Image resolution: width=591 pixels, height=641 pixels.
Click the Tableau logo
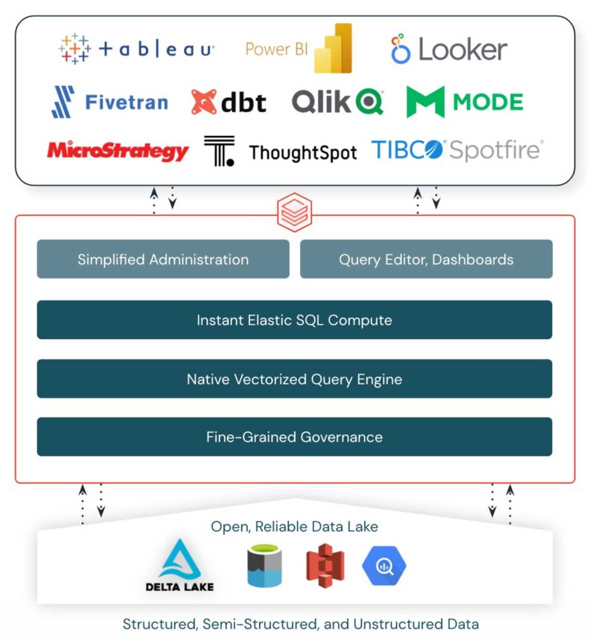[x=136, y=49]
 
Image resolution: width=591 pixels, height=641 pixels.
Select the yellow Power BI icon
[x=333, y=49]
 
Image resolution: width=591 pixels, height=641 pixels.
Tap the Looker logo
[x=448, y=49]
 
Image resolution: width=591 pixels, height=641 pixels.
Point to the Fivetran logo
[x=109, y=102]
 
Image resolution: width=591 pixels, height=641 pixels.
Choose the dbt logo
[x=229, y=102]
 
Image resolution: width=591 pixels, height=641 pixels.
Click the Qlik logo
[x=337, y=102]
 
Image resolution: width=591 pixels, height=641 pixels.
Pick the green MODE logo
[x=465, y=102]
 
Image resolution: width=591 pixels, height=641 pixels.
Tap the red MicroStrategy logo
[x=118, y=151]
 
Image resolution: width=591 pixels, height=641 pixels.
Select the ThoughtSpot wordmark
[x=303, y=153]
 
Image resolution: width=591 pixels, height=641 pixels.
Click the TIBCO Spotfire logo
[x=457, y=150]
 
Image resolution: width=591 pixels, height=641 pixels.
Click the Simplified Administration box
[x=163, y=259]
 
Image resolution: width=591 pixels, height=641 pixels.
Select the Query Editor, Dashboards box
[x=426, y=259]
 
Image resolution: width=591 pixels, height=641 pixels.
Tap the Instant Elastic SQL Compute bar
[x=294, y=320]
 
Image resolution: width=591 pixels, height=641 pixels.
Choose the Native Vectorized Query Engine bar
[x=294, y=379]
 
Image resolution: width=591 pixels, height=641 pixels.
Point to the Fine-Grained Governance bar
[x=294, y=437]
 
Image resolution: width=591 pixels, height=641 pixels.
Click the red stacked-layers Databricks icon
[x=294, y=214]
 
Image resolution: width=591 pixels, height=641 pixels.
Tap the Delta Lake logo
[x=179, y=565]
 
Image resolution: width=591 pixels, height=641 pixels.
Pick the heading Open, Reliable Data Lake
[x=294, y=526]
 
